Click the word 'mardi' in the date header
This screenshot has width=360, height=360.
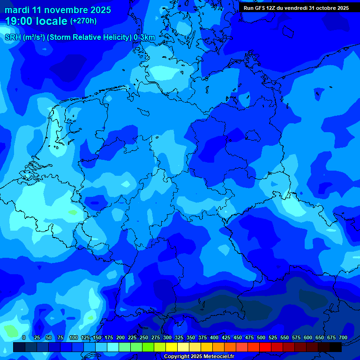(17, 10)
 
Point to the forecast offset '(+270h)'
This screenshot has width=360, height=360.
(83, 21)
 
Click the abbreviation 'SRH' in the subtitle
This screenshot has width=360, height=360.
(13, 37)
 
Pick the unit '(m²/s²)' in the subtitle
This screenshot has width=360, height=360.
(34, 37)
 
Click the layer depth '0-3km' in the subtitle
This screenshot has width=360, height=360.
(144, 37)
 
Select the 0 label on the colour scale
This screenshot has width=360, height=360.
(24, 337)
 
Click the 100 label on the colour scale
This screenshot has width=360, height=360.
(74, 337)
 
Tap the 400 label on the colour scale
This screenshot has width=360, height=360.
(214, 337)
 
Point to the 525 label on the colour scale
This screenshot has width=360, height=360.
(273, 337)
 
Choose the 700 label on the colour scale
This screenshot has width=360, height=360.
(343, 337)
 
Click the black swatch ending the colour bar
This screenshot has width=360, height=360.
(336, 347)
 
